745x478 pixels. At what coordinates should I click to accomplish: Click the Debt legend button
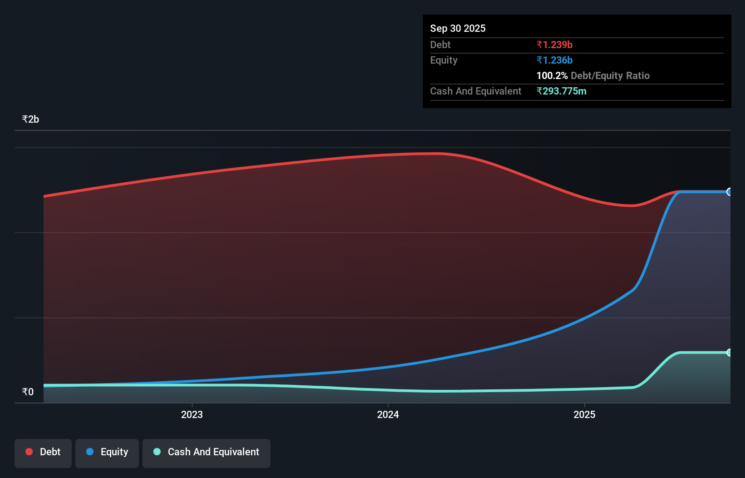tap(43, 453)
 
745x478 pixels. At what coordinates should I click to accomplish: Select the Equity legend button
tap(107, 453)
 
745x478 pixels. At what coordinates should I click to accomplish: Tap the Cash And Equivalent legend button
tap(206, 453)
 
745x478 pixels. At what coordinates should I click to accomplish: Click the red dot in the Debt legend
tap(29, 452)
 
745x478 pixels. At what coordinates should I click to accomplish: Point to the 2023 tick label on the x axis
tap(192, 414)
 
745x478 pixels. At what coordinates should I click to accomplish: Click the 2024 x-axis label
tap(388, 414)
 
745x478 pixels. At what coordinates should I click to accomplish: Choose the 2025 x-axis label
tap(584, 414)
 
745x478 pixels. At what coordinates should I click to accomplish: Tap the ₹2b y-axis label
tap(30, 119)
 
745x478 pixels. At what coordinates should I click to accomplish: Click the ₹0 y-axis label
tap(28, 392)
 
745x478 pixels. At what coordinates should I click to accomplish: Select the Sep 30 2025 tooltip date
tap(458, 28)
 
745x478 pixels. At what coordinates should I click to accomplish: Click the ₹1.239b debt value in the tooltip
tap(554, 45)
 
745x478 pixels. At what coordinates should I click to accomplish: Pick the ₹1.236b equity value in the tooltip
tap(554, 60)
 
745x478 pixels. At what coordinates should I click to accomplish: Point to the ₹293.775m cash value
tap(561, 91)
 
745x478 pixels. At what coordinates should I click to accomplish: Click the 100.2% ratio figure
tap(552, 75)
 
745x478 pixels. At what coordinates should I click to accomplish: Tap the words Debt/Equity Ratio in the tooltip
tap(610, 75)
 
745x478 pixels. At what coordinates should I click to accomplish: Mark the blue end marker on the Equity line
tap(729, 192)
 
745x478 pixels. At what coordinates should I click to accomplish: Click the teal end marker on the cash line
tap(729, 353)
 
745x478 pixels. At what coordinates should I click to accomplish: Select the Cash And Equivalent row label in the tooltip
tap(475, 91)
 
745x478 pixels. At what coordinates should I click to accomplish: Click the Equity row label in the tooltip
tap(444, 60)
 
